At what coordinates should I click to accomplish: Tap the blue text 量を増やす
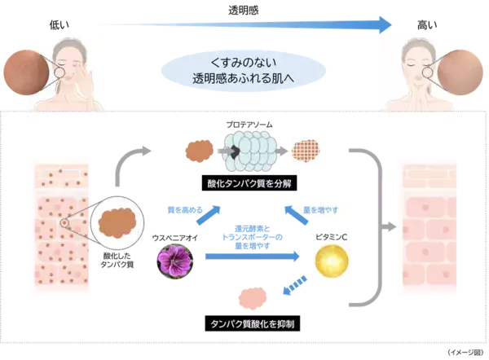(321, 211)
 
